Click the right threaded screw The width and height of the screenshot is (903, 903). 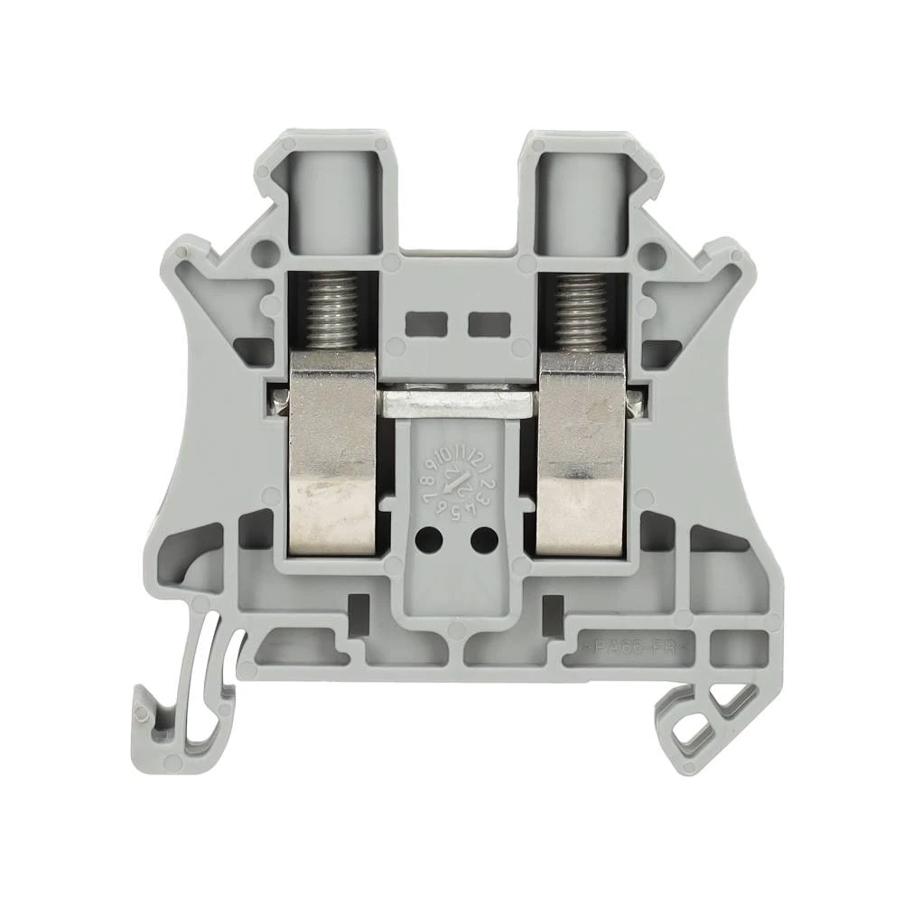(582, 312)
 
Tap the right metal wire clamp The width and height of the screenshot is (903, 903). (582, 451)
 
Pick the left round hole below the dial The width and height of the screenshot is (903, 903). (431, 540)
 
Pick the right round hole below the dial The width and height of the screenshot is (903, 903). (483, 540)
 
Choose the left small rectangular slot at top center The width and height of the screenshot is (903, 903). (424, 322)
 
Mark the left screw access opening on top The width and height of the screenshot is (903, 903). (332, 194)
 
